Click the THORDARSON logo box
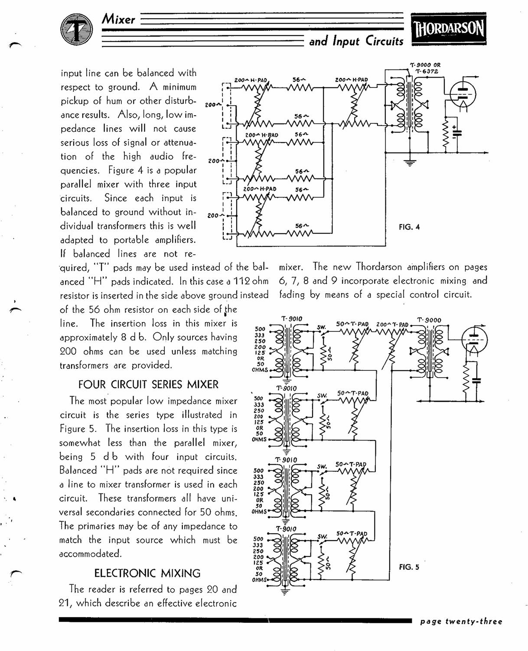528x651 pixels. point(449,29)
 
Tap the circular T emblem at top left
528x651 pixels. point(76,29)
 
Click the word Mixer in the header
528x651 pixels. point(118,19)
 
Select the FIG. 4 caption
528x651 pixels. point(409,227)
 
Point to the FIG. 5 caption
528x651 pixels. point(409,567)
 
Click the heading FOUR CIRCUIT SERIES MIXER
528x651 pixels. point(148,384)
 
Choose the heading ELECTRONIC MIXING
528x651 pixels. point(147,573)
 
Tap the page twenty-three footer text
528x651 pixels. point(461,622)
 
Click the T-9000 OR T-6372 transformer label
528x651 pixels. point(425,68)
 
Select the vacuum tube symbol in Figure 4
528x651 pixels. point(463,95)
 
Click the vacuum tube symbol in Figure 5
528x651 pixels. point(474,340)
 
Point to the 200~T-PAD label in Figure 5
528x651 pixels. point(392,324)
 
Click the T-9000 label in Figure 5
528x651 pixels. point(429,320)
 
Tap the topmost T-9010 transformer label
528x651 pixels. point(292,319)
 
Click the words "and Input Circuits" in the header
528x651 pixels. point(356,41)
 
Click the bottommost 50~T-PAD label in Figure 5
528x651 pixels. point(352,533)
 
